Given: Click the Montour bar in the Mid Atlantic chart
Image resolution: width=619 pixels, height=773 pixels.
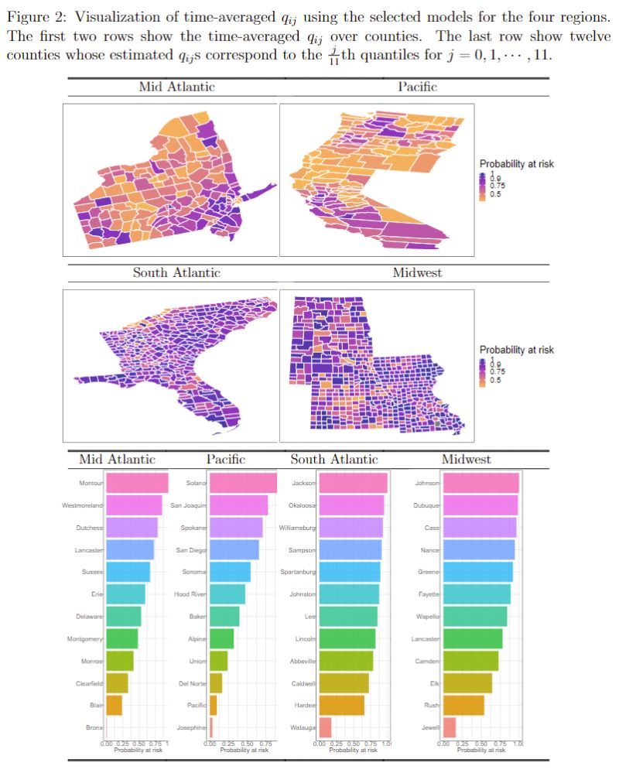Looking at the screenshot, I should (136, 483).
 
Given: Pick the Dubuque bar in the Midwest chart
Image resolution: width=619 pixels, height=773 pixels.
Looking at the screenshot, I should (480, 505).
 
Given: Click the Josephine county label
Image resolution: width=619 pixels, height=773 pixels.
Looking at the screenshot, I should (193, 728).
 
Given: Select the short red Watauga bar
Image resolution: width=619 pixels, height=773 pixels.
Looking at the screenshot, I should (325, 728).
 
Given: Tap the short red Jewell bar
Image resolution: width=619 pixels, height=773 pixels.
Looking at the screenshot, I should (450, 728).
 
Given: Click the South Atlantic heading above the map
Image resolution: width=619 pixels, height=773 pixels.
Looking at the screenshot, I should (176, 272).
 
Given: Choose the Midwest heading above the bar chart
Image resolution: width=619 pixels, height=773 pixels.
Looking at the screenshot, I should (466, 460).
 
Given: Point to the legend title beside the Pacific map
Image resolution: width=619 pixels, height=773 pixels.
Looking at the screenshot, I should (516, 164).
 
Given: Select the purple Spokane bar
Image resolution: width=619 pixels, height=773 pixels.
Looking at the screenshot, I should (236, 528).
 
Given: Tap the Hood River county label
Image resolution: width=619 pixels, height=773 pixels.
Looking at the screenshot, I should (190, 594).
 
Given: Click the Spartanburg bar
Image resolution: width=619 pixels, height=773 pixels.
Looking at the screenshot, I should (350, 572).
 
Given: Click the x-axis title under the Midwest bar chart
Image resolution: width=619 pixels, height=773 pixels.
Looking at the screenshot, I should (480, 750).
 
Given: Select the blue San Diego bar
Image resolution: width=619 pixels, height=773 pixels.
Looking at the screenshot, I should (234, 550).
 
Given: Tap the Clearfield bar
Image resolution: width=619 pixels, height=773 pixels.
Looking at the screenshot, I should (117, 683).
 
